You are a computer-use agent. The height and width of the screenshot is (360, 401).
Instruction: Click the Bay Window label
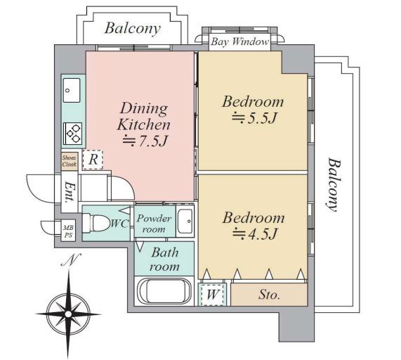click(240, 41)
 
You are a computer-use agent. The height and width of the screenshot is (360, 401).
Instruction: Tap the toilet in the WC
click(95, 223)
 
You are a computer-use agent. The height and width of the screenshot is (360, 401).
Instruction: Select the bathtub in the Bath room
click(164, 291)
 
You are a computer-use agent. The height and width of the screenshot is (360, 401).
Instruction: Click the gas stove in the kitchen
click(73, 134)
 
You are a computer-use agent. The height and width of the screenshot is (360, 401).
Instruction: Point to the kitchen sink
click(72, 91)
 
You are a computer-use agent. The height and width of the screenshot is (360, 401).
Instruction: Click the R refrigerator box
click(93, 160)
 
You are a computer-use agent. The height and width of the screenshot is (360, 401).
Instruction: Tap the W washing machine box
click(213, 294)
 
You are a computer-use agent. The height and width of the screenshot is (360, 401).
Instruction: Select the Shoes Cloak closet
click(70, 161)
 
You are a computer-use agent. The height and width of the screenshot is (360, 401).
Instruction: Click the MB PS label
click(68, 231)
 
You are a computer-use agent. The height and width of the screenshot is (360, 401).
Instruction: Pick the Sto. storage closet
click(269, 295)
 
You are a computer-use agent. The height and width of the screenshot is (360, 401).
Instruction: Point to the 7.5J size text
click(145, 141)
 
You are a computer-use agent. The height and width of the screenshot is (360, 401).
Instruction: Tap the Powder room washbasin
click(185, 221)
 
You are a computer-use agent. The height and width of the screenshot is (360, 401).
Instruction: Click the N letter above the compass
click(72, 260)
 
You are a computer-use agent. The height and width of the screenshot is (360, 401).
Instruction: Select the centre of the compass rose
click(68, 314)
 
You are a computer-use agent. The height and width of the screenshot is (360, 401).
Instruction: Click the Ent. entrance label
click(70, 192)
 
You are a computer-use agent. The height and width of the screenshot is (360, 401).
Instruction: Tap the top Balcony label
click(133, 28)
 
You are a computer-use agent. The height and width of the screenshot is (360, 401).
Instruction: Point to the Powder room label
click(154, 224)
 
